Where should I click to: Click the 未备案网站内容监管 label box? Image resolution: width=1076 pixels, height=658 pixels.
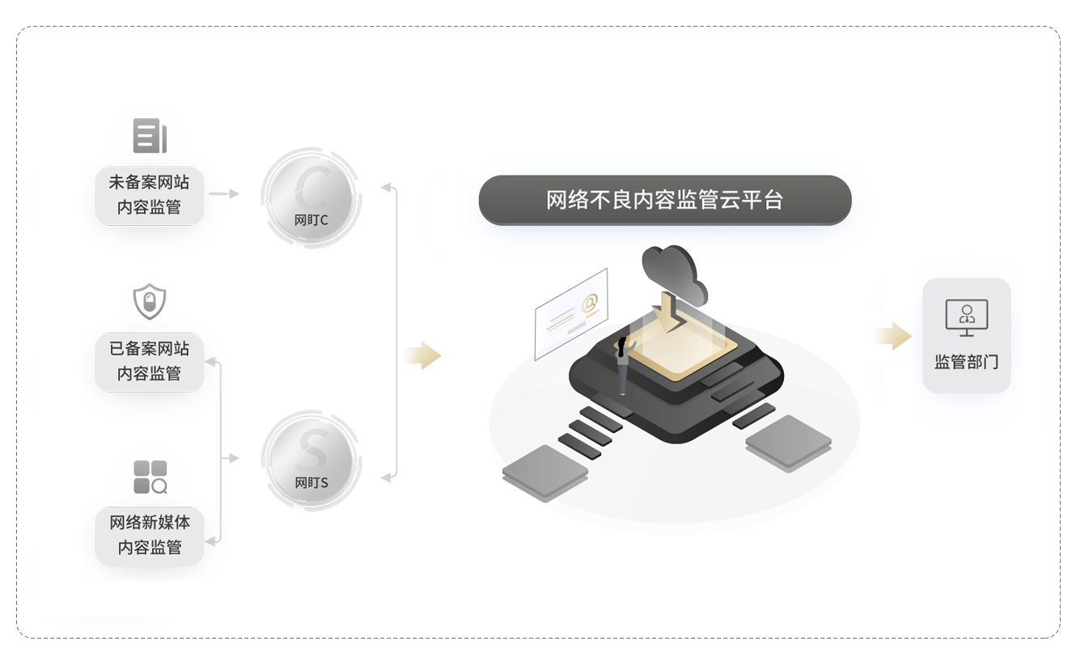pos(150,195)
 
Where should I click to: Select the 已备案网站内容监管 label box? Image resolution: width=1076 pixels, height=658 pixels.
pos(150,361)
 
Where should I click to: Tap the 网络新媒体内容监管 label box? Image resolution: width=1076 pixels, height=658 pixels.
pos(150,535)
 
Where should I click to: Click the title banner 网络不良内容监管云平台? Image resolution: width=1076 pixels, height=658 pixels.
pos(664,200)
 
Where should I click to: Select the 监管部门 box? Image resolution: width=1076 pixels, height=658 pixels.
pos(967,336)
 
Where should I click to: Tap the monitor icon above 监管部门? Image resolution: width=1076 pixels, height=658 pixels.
pos(967,316)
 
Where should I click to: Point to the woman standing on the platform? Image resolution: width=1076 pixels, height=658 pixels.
pos(624,366)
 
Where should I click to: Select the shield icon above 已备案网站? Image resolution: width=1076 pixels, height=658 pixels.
pos(150,302)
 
